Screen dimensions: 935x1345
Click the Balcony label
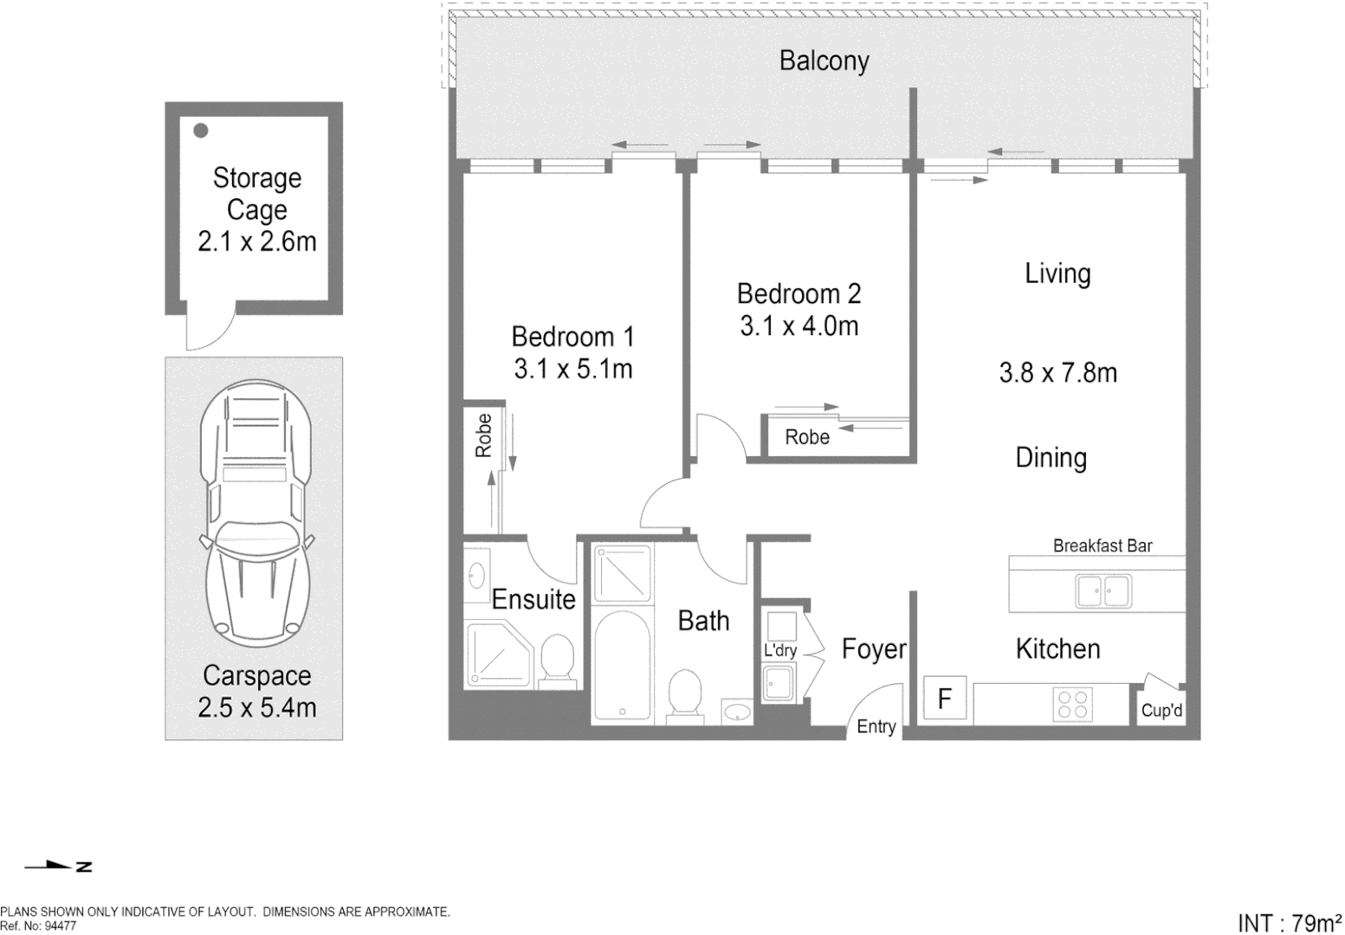[824, 61]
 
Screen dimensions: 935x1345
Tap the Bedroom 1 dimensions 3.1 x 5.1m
[572, 370]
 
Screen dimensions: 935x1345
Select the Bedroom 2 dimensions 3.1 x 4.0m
[799, 326]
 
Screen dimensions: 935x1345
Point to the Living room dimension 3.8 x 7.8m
[1057, 373]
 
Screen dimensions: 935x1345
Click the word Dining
[1051, 458]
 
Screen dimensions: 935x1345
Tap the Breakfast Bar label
[1102, 546]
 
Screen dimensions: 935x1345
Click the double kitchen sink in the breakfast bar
[1103, 591]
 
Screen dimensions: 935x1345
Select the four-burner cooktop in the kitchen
[1072, 704]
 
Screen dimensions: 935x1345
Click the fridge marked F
[945, 699]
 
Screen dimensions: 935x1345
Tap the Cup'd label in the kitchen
[1161, 711]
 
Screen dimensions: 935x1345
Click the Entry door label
[876, 726]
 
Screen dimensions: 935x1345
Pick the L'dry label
[779, 650]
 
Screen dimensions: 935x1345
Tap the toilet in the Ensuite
[558, 662]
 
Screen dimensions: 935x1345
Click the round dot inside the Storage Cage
[201, 131]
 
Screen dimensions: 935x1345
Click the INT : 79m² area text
[1290, 922]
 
